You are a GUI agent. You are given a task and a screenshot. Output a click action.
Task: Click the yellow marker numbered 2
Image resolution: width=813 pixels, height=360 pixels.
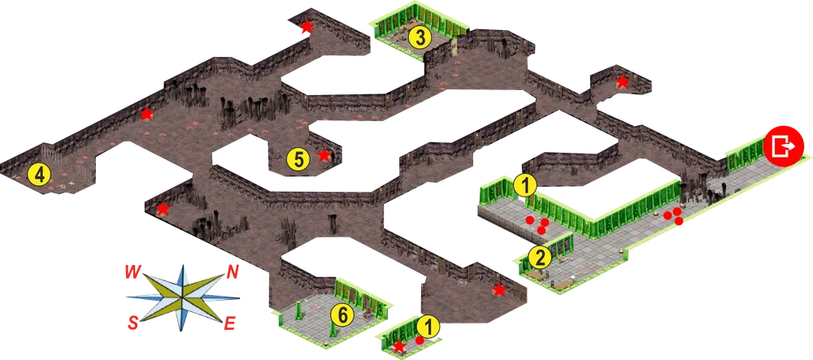coord(541,258)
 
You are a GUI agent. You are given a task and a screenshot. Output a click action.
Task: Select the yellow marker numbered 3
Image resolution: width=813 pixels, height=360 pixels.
coord(420,37)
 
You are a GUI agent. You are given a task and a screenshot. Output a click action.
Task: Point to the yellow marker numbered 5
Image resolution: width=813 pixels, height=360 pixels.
coord(298,159)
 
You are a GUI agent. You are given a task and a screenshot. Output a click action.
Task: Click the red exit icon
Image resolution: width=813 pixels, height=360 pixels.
coord(783,145)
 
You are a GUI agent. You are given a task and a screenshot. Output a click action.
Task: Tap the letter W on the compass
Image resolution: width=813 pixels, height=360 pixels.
coord(133,272)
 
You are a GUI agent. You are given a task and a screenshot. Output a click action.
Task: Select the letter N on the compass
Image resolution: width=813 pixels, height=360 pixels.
coord(233,272)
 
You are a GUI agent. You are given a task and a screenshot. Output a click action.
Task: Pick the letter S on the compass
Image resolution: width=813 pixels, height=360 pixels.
coord(133,324)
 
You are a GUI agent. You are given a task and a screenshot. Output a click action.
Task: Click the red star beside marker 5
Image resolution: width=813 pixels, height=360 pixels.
coord(324,154)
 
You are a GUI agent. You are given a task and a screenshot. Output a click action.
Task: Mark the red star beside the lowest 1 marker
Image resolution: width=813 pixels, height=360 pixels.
coord(398,345)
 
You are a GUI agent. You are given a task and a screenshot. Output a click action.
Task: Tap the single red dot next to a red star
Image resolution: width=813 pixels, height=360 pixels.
coord(420,340)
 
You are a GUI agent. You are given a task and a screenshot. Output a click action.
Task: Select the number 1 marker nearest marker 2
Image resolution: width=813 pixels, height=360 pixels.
coord(526,186)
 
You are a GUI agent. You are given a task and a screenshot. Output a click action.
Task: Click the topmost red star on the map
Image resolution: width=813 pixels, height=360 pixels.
coord(307,26)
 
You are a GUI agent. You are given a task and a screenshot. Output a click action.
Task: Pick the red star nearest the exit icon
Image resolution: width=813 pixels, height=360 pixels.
coord(622,81)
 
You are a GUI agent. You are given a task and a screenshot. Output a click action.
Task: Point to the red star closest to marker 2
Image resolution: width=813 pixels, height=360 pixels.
coord(499,289)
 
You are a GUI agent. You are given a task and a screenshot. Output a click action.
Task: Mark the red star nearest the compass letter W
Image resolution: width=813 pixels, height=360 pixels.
coord(163,209)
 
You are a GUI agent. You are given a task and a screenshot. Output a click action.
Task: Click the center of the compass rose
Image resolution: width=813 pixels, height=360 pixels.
coord(182,298)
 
